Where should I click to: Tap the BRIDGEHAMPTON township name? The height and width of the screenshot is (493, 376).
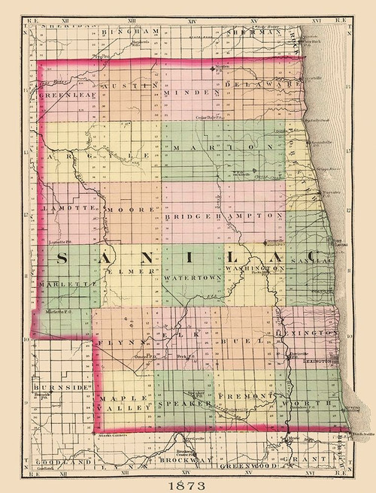point(223,215)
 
